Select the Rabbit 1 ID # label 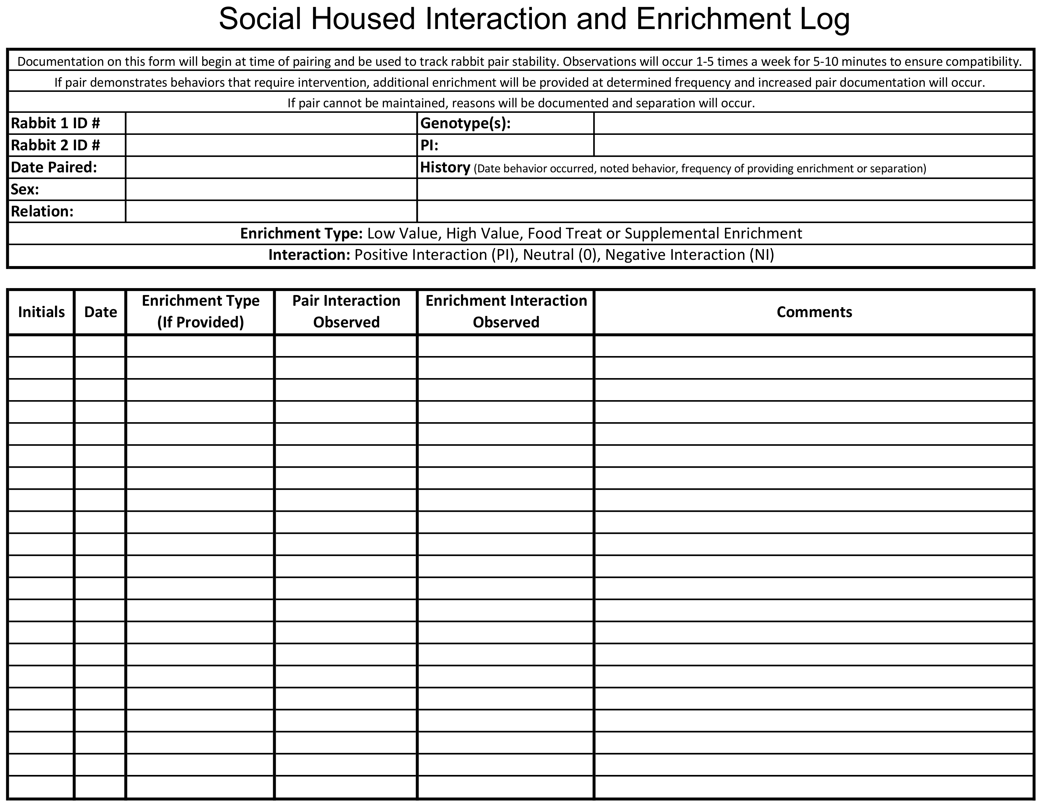55,123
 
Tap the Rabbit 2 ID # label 55,146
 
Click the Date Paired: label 54,168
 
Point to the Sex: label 25,190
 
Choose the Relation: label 42,211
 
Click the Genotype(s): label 465,123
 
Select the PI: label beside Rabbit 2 429,146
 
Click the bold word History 445,168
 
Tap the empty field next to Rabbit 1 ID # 271,123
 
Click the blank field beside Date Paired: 271,168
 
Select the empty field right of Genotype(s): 813,123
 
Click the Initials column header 41,312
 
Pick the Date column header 100,312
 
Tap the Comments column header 814,312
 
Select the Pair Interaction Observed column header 346,312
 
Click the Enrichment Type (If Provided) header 200,312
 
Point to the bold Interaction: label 309,255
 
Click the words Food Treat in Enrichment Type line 564,233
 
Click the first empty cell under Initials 41,346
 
